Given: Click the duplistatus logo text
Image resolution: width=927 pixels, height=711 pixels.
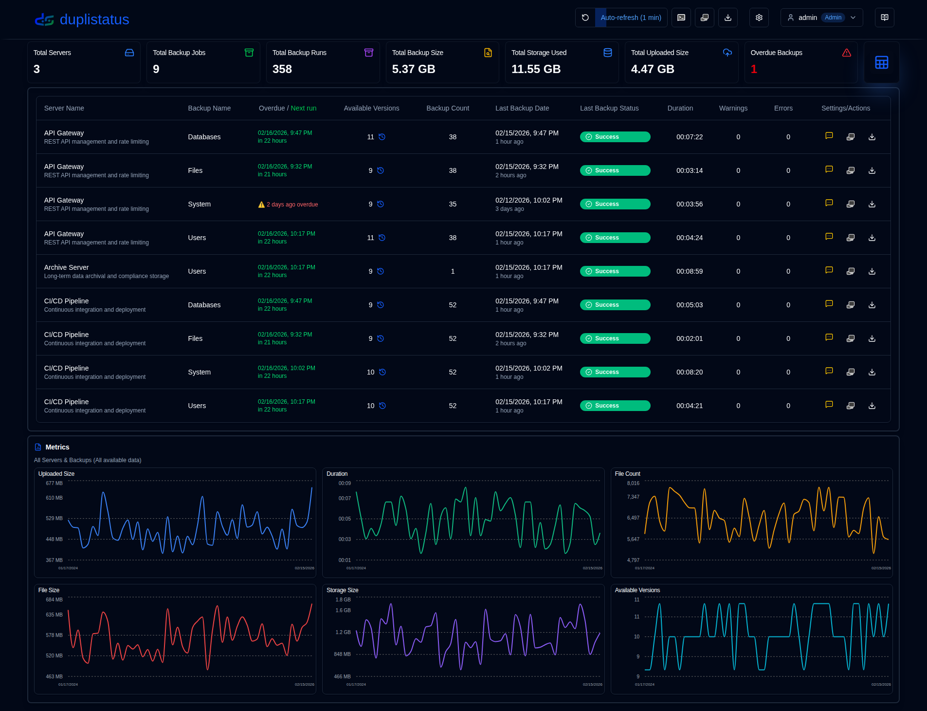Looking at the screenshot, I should (94, 19).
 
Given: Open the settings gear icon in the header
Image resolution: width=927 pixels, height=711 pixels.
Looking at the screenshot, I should (759, 18).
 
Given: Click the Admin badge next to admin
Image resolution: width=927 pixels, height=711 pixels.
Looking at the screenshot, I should (833, 18).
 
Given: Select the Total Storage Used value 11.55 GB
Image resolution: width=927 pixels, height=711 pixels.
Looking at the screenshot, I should (536, 69).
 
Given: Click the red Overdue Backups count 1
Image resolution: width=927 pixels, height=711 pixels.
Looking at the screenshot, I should (753, 69).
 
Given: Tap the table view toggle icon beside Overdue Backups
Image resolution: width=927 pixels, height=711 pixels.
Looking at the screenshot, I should (881, 62).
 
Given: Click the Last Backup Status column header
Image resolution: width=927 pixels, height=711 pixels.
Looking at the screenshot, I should (609, 108).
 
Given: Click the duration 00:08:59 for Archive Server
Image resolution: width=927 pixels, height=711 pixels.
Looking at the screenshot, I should (689, 271).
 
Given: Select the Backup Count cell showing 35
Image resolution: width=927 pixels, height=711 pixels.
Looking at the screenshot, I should (453, 204).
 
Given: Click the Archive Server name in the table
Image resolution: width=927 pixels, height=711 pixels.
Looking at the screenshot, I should (67, 267).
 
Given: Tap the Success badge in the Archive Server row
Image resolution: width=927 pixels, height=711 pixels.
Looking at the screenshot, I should (615, 271).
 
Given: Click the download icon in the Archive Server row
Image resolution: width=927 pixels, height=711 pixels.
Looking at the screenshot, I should (872, 271).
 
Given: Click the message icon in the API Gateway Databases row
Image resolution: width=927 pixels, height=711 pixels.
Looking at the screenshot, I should (829, 136).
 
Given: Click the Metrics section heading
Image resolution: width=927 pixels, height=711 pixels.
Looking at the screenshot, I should (57, 447).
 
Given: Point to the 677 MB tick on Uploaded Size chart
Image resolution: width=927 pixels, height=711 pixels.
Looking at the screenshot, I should (54, 483).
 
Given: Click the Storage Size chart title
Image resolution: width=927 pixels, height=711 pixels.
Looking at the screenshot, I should (342, 590).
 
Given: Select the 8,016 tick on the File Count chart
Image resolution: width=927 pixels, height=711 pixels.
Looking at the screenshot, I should (633, 483).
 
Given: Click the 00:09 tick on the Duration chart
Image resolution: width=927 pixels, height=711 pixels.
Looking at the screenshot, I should (345, 483).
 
